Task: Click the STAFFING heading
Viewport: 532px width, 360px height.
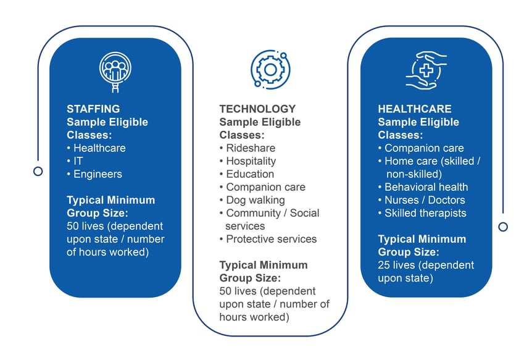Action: pyautogui.click(x=93, y=109)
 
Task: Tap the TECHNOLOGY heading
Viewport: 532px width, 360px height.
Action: pyautogui.click(x=257, y=109)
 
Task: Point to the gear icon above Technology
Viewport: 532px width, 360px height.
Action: pyautogui.click(x=270, y=69)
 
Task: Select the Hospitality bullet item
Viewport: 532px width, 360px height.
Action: pyautogui.click(x=250, y=161)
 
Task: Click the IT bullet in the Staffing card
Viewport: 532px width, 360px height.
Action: pyautogui.click(x=78, y=161)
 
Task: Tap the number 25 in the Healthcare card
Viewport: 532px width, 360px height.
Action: pyautogui.click(x=384, y=265)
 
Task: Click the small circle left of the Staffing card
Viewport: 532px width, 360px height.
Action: pyautogui.click(x=38, y=171)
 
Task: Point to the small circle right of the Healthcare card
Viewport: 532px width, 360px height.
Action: pyautogui.click(x=503, y=227)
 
